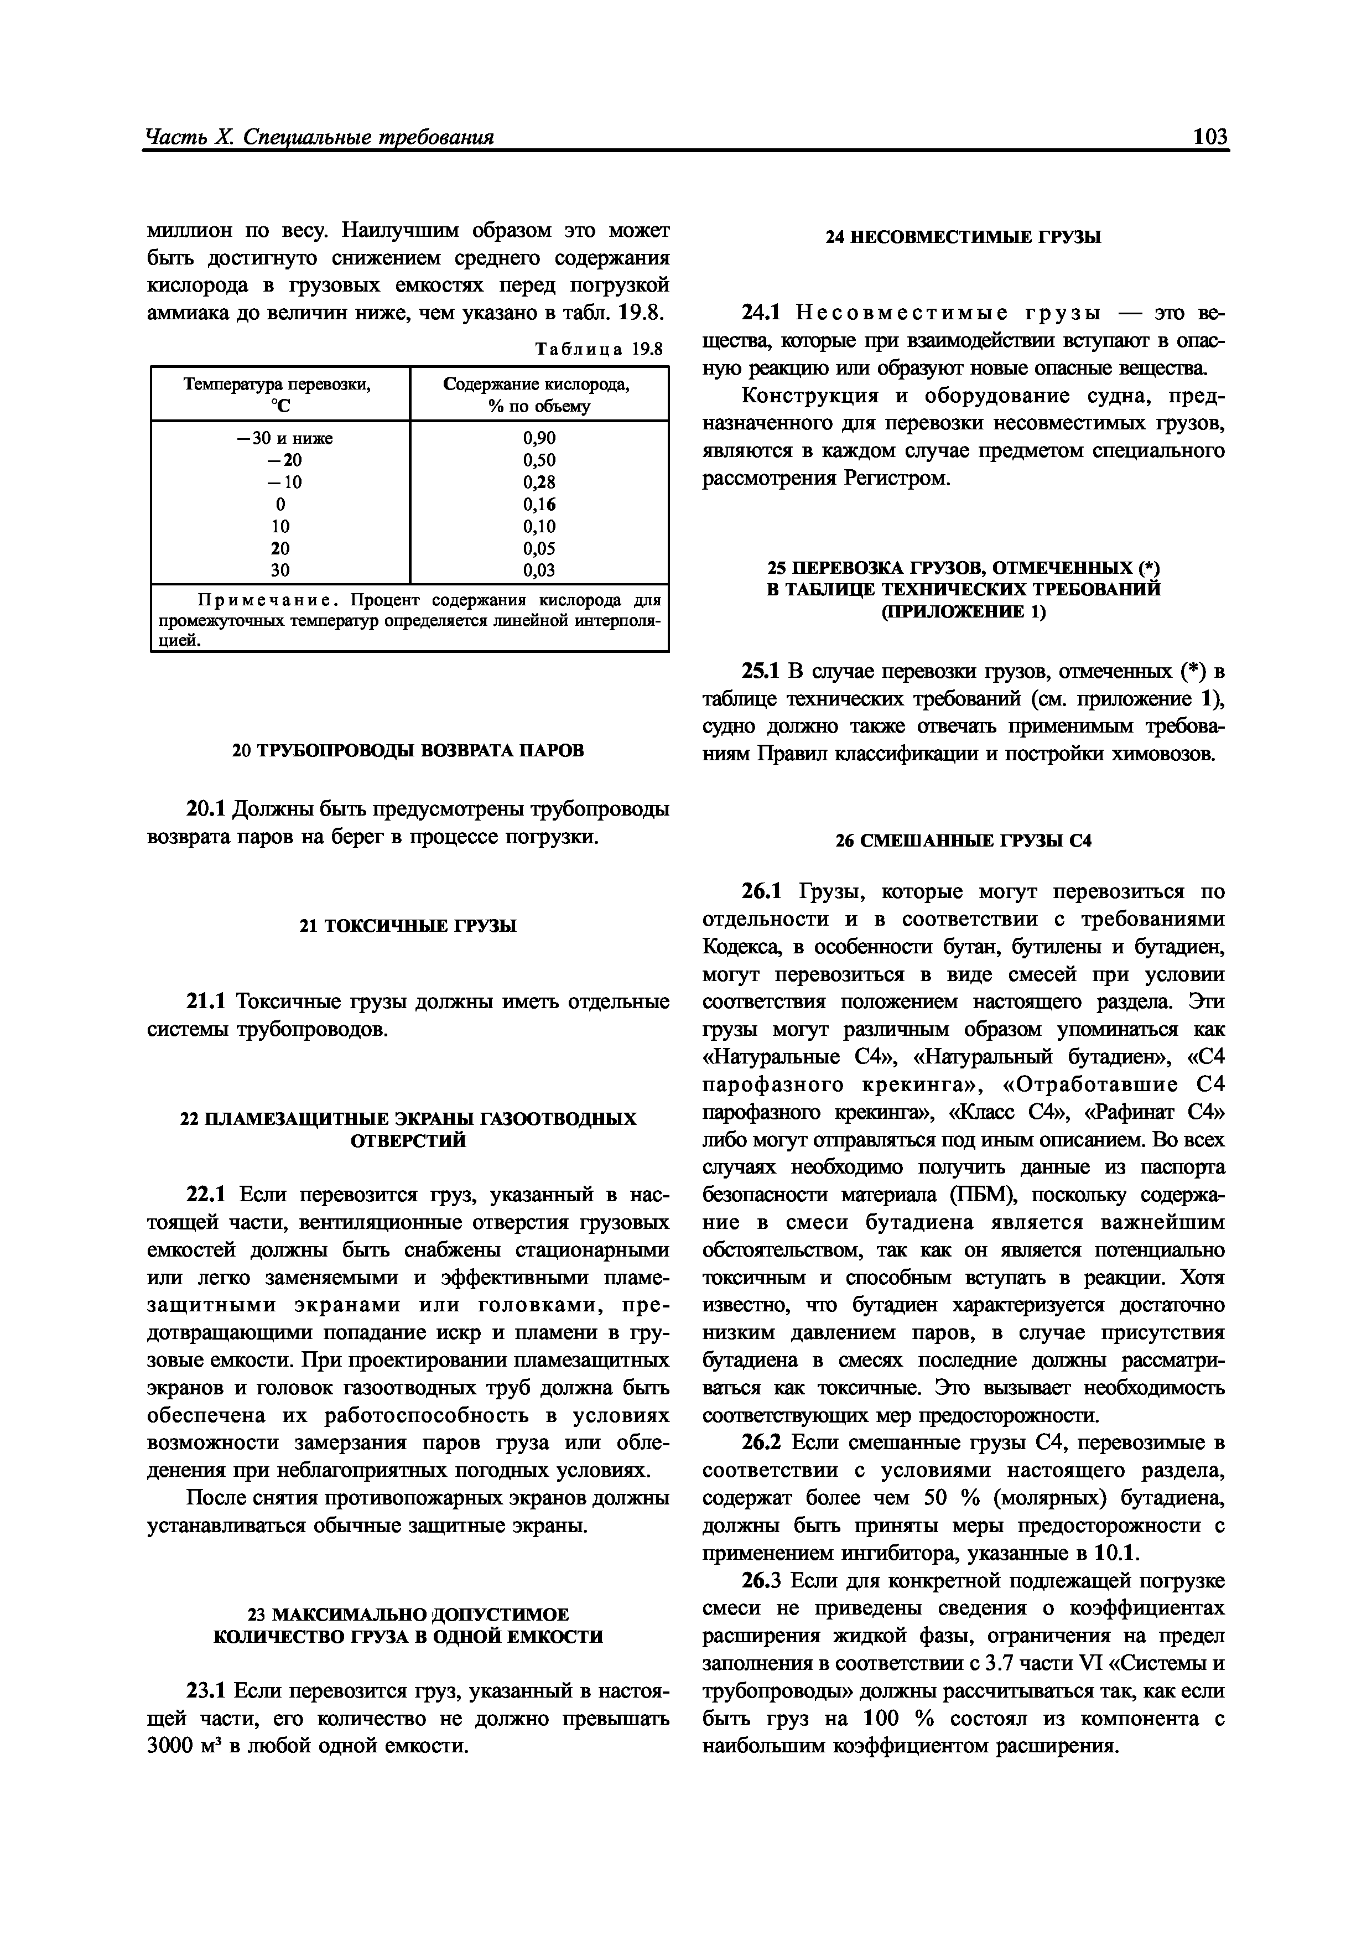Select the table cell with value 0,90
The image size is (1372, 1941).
point(539,438)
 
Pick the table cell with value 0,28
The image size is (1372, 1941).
point(539,482)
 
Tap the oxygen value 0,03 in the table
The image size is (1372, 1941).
point(539,570)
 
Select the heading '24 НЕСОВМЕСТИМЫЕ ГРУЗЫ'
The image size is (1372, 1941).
point(963,237)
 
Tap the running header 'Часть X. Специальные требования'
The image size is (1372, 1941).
point(320,137)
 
